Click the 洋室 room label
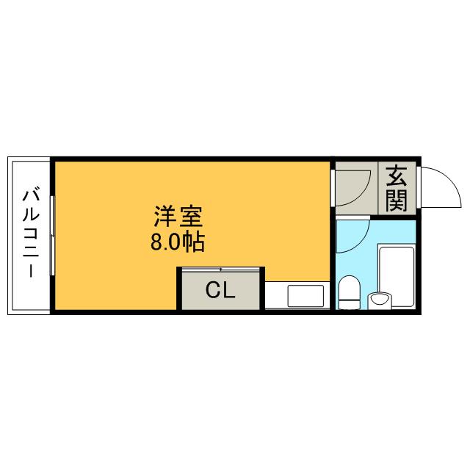coord(178,218)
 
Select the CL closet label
coord(220,291)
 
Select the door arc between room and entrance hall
coord(352,185)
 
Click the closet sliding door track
coord(220,270)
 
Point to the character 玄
coord(397,176)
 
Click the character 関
coord(397,200)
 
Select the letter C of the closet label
coord(212,291)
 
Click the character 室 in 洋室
coord(190,218)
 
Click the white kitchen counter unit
coord(297,296)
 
